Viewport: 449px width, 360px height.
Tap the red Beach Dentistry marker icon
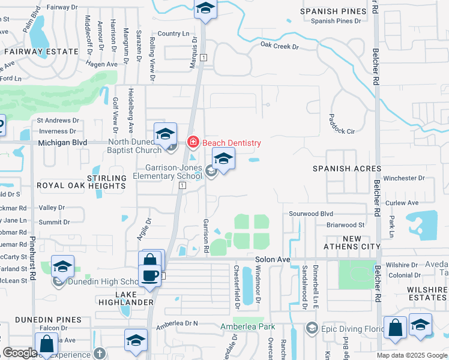coord(193,143)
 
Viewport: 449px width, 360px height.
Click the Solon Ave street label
coord(273,260)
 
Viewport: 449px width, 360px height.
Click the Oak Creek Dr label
coord(279,46)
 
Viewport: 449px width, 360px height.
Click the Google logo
coord(19,353)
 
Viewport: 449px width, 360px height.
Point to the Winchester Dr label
coord(404,178)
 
